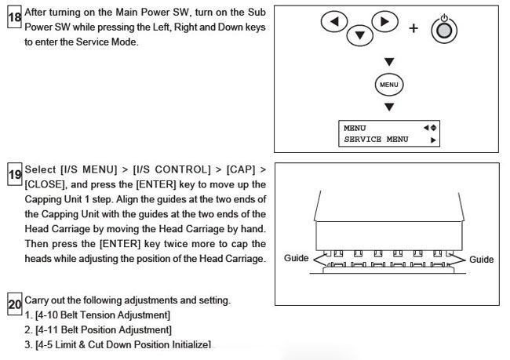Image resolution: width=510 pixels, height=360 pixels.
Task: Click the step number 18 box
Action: [x=14, y=17]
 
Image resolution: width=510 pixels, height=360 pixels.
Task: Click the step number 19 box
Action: [x=15, y=174]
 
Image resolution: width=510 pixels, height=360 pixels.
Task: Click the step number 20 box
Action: [x=15, y=304]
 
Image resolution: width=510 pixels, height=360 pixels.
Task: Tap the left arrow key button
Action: [x=334, y=21]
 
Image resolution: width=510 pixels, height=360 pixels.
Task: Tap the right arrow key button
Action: [x=384, y=21]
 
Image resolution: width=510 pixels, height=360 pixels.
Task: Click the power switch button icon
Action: [x=444, y=30]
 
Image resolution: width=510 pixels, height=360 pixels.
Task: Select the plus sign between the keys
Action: [x=413, y=28]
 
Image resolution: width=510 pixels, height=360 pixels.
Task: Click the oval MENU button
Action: [x=389, y=85]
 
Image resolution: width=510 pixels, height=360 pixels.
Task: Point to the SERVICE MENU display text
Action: [x=376, y=140]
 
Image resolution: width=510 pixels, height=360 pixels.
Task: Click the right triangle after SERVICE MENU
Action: [x=433, y=140]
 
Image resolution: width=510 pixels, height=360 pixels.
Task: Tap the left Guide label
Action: [x=296, y=258]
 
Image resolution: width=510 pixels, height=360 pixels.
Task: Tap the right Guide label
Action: [x=482, y=260]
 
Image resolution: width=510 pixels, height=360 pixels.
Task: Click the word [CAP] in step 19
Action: [x=241, y=169]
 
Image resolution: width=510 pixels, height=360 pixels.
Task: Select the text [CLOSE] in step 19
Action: [x=46, y=184]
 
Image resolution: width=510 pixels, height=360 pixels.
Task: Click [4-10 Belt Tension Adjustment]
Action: [x=103, y=315]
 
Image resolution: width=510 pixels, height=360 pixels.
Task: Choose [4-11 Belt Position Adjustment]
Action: [x=104, y=329]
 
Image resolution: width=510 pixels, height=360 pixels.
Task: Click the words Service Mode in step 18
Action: [x=106, y=42]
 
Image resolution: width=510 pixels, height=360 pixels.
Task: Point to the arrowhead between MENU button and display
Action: [x=389, y=107]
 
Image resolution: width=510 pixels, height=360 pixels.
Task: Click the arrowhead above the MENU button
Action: [x=389, y=61]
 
